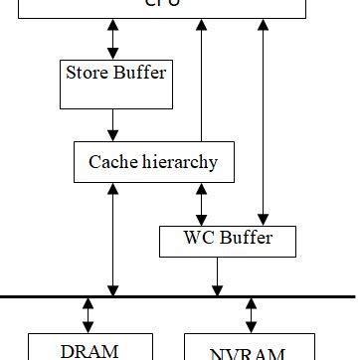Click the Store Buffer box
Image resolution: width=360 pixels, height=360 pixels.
(x=115, y=84)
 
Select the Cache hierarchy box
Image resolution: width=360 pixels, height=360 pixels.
(x=153, y=162)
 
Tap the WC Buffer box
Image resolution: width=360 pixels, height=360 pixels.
(x=228, y=241)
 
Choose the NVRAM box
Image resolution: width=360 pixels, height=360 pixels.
(x=248, y=349)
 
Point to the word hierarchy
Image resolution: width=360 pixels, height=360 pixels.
(x=182, y=162)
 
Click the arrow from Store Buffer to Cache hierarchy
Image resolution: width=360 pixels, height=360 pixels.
(x=113, y=124)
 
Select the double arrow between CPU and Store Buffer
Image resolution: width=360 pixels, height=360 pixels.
(x=113, y=38)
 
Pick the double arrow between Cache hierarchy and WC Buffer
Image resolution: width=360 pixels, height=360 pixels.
(x=202, y=204)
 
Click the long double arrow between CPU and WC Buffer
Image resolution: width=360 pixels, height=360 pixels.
(x=263, y=119)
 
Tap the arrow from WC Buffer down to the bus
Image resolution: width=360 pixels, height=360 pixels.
(x=216, y=276)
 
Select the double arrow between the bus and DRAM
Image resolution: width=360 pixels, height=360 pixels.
(x=89, y=314)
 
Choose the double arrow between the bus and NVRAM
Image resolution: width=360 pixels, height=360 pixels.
(x=251, y=314)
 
